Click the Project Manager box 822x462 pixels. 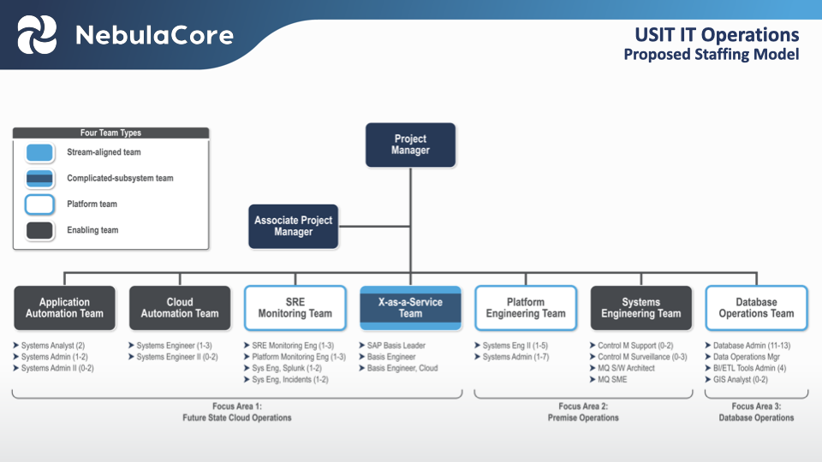tap(410, 145)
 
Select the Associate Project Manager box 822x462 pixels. tap(293, 226)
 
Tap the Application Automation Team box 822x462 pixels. tap(64, 308)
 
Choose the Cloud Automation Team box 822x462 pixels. tap(180, 308)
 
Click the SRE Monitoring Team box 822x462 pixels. tap(295, 308)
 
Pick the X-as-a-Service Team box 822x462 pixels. tap(410, 308)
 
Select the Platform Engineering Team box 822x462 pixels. tap(526, 308)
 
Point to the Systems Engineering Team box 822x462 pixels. tap(641, 308)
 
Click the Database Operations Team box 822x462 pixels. tap(756, 308)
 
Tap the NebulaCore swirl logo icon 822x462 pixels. tap(38, 35)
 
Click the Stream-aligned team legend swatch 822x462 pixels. tap(39, 152)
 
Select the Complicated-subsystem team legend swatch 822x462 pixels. tap(39, 178)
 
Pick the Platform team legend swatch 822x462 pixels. tap(39, 204)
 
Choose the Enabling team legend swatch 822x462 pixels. tap(39, 230)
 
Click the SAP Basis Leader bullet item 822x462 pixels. tap(396, 346)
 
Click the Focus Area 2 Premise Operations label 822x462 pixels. tap(583, 412)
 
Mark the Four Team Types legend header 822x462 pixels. tap(110, 133)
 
